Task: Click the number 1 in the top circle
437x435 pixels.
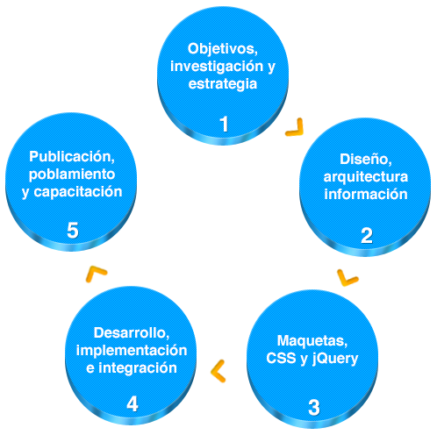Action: [224, 124]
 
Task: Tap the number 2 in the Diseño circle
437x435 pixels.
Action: [367, 236]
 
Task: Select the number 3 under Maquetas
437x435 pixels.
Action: [314, 408]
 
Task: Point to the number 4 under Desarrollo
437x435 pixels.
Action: [133, 404]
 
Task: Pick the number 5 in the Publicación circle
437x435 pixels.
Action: [73, 231]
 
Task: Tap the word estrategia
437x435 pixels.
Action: [223, 84]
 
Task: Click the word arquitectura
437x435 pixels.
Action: [366, 177]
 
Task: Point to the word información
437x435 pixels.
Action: [366, 195]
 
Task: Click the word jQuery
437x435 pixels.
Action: [335, 359]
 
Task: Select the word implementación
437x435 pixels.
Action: [132, 351]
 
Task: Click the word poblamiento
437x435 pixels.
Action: [72, 175]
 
